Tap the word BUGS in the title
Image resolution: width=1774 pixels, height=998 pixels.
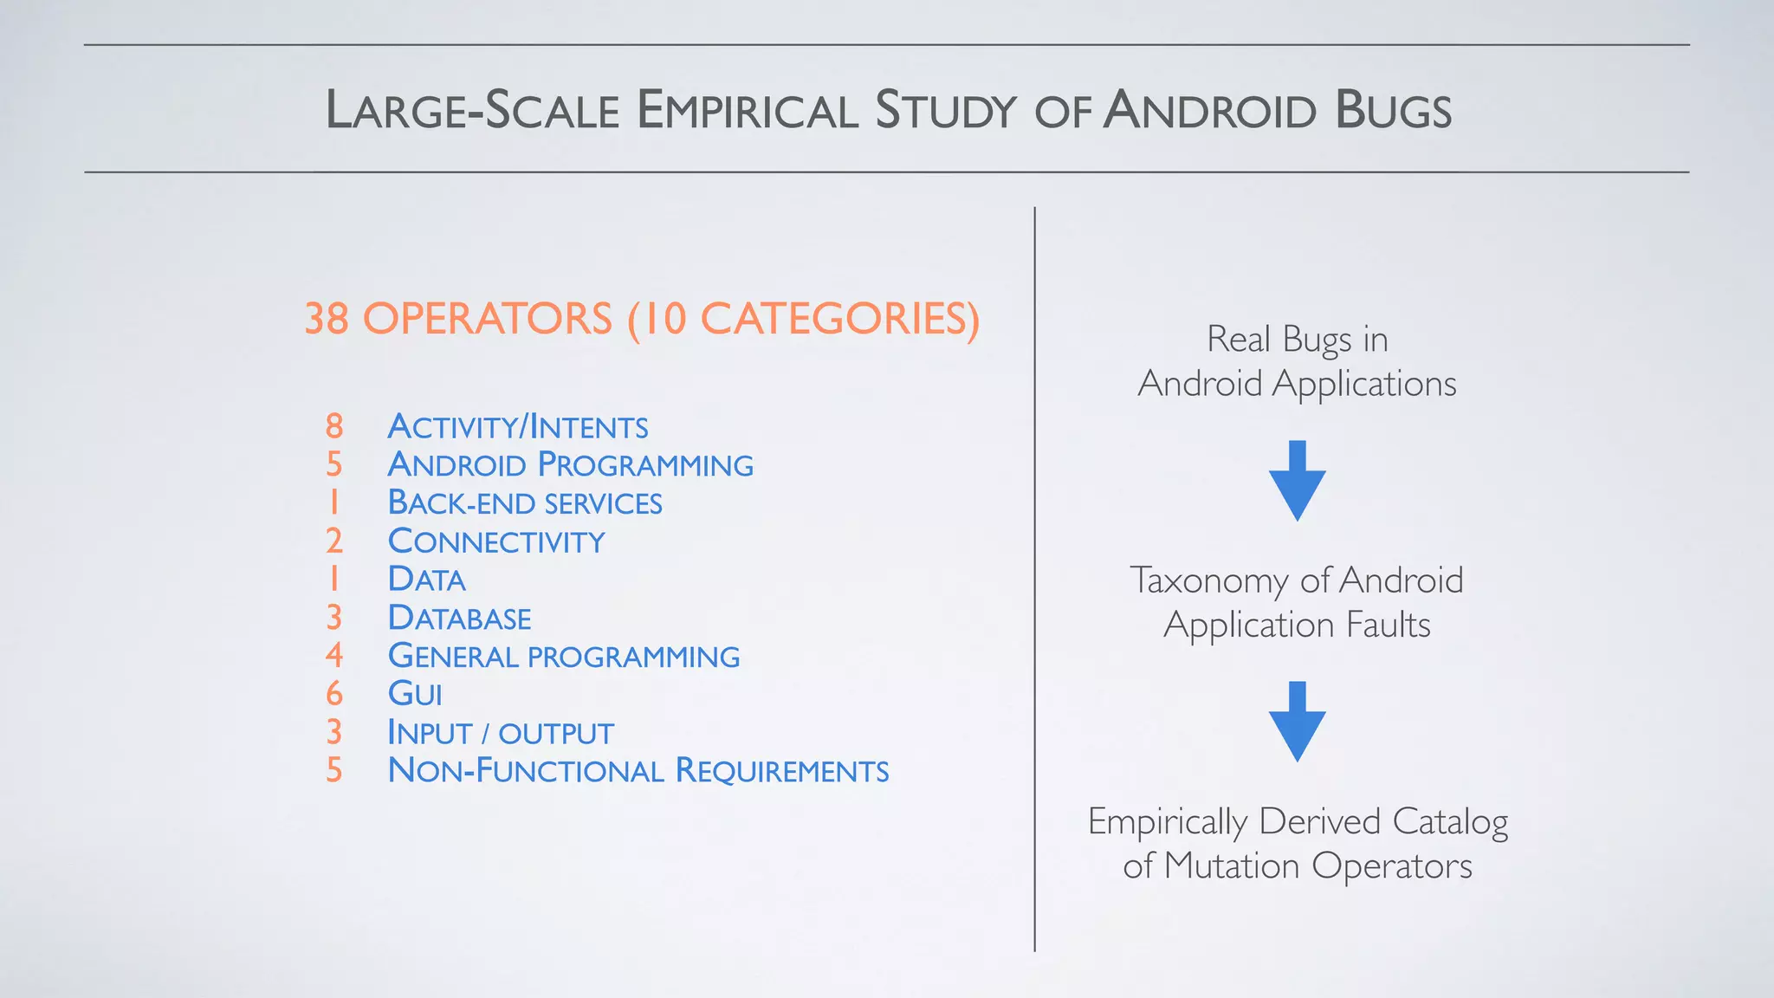(x=1393, y=111)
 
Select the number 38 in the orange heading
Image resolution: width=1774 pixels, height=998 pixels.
(x=327, y=319)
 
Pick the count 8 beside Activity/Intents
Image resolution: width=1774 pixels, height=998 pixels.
(x=334, y=426)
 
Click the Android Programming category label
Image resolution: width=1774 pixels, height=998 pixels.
(x=570, y=464)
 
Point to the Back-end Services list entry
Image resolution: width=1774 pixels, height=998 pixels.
(x=525, y=503)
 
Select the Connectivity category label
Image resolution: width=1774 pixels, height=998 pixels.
(x=496, y=541)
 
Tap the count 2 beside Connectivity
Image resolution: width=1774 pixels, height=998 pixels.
(x=334, y=541)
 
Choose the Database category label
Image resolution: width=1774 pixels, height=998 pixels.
(x=459, y=618)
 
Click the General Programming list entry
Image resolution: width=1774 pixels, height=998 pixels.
(x=564, y=656)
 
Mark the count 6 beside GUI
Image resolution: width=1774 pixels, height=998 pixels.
(x=334, y=694)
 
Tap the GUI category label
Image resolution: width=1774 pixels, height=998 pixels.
(x=415, y=694)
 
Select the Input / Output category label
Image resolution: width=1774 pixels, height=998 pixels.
(x=501, y=733)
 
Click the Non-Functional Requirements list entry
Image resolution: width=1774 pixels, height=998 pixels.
(x=638, y=771)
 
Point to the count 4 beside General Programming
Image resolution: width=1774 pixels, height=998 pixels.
(x=334, y=656)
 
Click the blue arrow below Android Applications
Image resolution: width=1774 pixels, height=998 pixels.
(x=1297, y=481)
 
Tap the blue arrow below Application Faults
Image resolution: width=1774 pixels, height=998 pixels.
(x=1297, y=722)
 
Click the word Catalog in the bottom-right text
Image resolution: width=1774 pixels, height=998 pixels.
(x=1450, y=821)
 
